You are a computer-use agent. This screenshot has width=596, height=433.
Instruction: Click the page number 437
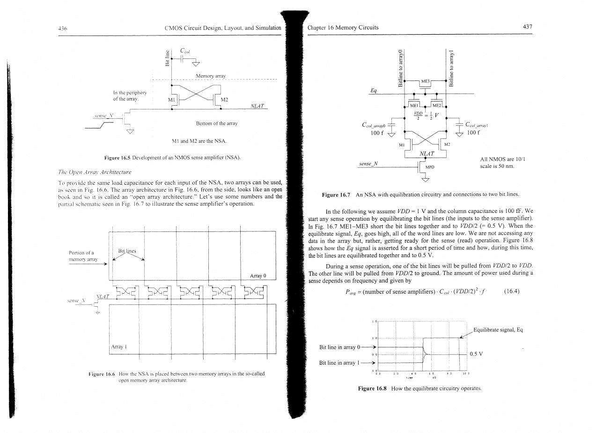tap(528, 27)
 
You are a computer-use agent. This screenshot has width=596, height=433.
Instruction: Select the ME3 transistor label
tap(426, 82)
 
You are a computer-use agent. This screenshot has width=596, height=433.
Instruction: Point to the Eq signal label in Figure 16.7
tap(374, 91)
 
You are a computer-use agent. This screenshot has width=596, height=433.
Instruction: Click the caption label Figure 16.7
tap(337, 194)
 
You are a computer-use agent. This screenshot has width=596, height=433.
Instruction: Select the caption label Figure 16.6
tap(103, 374)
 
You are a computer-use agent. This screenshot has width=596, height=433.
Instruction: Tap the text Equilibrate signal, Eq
tap(498, 330)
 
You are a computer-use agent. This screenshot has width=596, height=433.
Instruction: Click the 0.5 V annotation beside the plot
tap(477, 354)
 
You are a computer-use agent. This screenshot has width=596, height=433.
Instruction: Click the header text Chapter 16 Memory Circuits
tap(343, 27)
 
